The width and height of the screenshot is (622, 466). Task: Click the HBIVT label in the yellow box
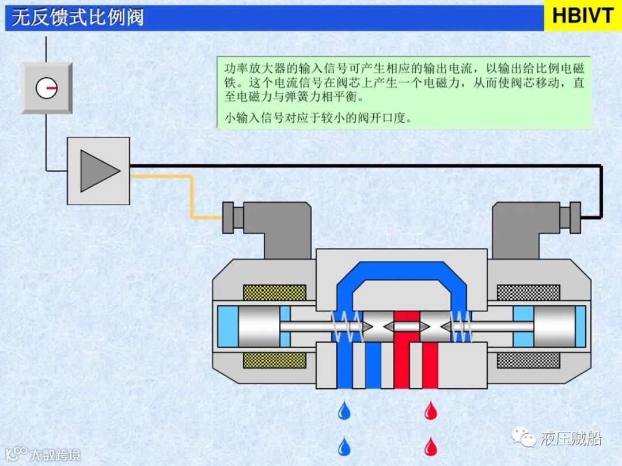pyautogui.click(x=583, y=16)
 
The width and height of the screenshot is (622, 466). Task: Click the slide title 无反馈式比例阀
pyautogui.click(x=78, y=17)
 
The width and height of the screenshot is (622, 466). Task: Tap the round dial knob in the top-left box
pyautogui.click(x=47, y=88)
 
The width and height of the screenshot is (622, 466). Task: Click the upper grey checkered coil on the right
pyautogui.click(x=528, y=292)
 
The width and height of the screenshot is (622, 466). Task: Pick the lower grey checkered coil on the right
pyautogui.click(x=528, y=361)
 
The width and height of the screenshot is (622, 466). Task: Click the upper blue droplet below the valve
pyautogui.click(x=344, y=410)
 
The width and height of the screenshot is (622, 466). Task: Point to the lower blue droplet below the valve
pyautogui.click(x=344, y=446)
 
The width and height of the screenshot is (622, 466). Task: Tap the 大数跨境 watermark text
pyautogui.click(x=55, y=455)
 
